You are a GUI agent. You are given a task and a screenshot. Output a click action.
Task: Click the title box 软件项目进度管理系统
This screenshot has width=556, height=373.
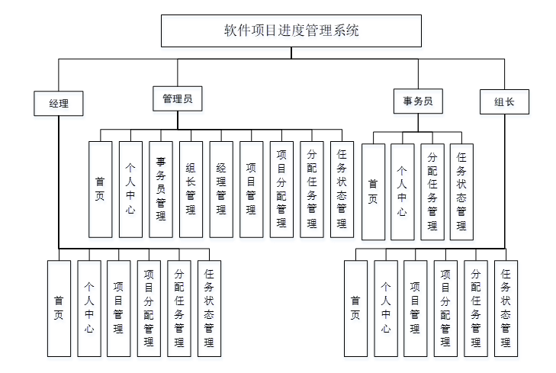click(291, 32)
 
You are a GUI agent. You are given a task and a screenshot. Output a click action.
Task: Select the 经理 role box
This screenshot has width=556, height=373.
click(58, 103)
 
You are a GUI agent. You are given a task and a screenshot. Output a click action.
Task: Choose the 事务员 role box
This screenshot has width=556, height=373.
click(418, 101)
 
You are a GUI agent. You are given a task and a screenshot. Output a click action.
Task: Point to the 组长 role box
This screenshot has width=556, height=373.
click(504, 102)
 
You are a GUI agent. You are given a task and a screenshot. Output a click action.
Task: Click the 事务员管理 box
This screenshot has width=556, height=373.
click(161, 188)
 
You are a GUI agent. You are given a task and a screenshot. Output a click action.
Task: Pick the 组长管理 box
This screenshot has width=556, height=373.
click(191, 188)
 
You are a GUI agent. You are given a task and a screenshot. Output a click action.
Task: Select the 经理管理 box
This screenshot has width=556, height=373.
click(221, 188)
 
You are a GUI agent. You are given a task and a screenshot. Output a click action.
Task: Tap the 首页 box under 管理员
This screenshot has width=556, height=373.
click(101, 188)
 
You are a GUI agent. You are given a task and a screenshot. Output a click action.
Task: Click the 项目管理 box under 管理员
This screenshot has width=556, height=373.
click(251, 188)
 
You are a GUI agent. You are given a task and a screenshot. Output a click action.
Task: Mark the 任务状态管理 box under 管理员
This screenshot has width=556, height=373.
click(342, 188)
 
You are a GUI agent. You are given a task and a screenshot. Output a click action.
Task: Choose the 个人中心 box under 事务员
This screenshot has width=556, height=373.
click(402, 191)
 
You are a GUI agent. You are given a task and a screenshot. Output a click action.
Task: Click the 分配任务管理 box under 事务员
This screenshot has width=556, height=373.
click(432, 191)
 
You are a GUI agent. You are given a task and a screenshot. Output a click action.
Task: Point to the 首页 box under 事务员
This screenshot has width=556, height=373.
click(372, 191)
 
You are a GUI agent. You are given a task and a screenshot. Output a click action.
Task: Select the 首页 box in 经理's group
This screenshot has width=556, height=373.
click(59, 308)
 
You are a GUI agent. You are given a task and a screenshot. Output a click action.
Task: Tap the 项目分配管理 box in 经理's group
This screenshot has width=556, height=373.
click(149, 308)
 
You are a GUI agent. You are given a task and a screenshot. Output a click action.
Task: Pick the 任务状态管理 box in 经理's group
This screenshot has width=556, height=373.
click(209, 308)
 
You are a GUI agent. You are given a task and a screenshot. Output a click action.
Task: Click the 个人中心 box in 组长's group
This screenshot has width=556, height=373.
click(385, 308)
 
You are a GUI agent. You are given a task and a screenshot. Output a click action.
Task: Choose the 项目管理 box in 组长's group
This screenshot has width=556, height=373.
click(415, 308)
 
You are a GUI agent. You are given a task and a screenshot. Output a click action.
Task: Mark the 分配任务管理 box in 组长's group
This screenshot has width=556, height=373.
click(475, 308)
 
